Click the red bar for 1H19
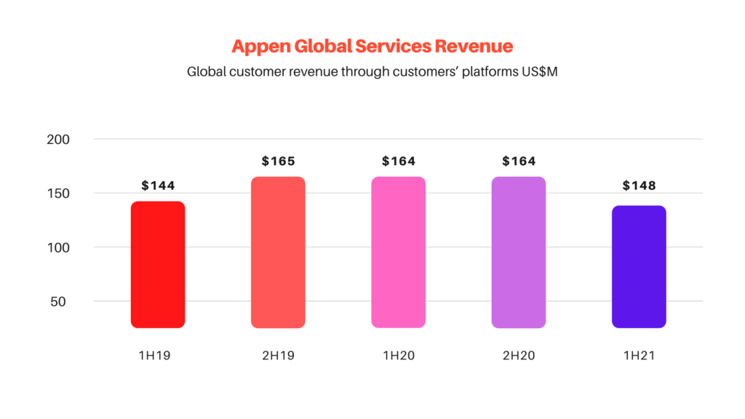tap(158, 265)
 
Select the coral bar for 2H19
tap(278, 252)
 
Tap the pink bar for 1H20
tap(398, 252)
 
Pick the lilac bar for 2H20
tap(519, 252)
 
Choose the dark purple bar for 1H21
tap(639, 267)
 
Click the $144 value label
tap(158, 185)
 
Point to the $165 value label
tap(278, 161)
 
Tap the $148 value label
tap(639, 185)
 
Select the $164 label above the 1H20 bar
tap(399, 161)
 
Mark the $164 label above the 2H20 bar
tap(519, 161)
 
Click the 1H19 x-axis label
tap(158, 356)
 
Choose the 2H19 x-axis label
tap(278, 356)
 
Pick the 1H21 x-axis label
tap(639, 356)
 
